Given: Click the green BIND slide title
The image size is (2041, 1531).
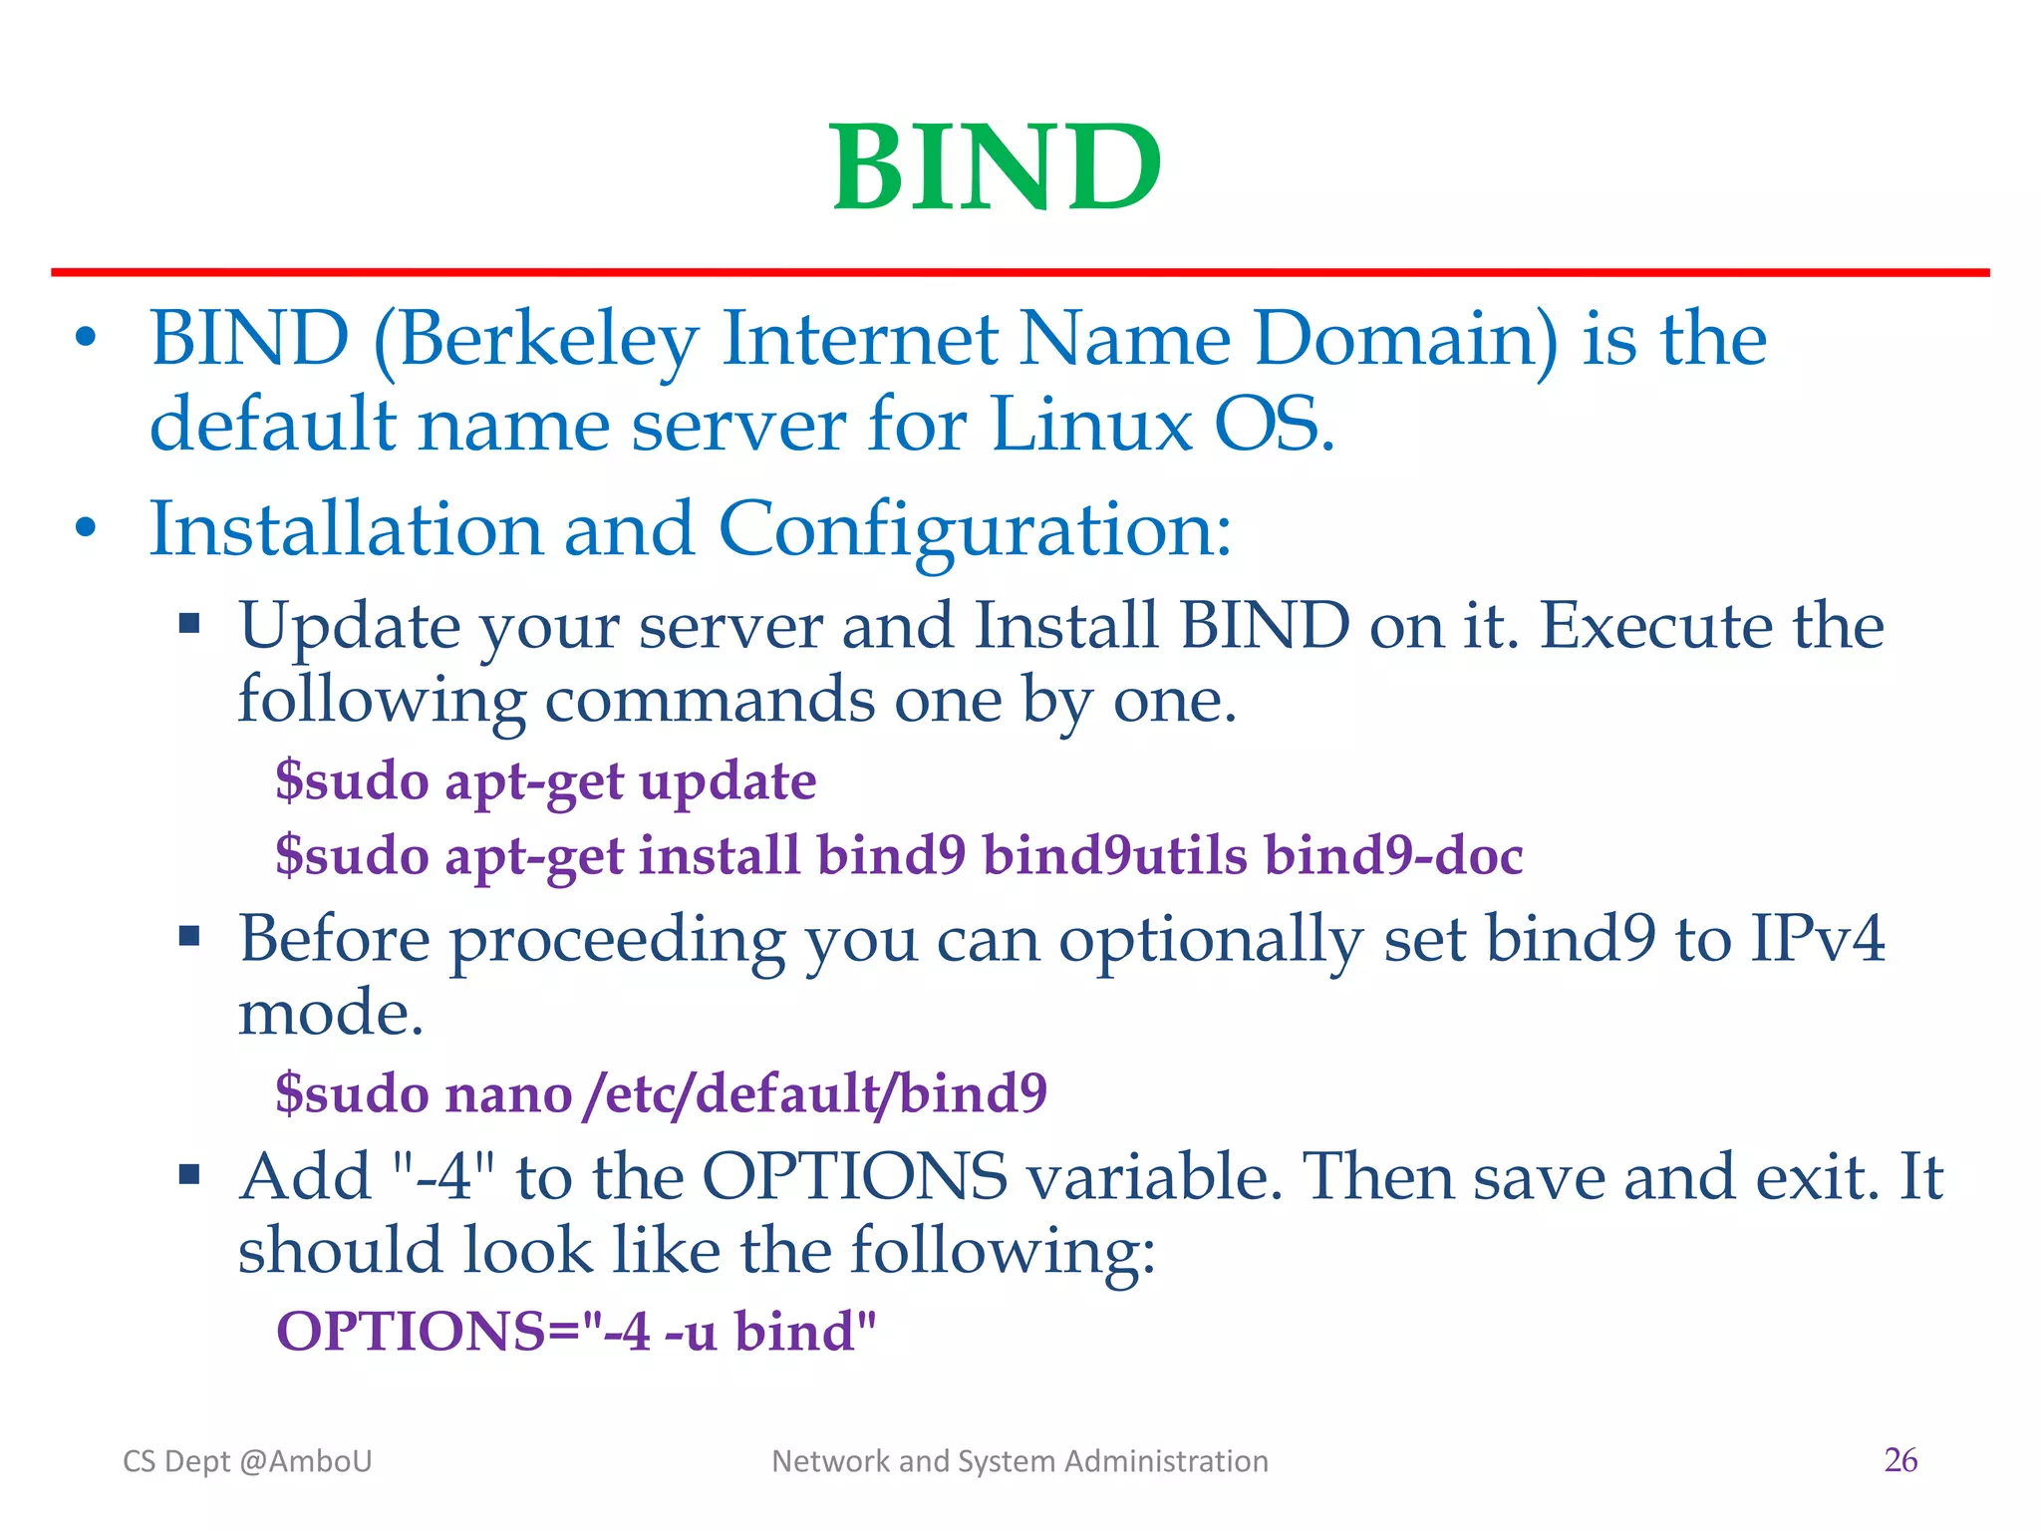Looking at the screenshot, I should click(997, 167).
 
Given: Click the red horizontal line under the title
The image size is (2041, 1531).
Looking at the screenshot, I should click(1020, 272).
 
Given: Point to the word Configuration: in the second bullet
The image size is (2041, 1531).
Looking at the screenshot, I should click(974, 529).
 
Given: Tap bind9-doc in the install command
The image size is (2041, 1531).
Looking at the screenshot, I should click(1393, 855).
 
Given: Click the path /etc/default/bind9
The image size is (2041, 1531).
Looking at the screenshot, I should click(815, 1093).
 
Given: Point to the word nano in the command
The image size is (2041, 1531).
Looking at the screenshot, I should click(508, 1094).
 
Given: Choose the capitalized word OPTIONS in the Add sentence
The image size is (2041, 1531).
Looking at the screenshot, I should click(855, 1177).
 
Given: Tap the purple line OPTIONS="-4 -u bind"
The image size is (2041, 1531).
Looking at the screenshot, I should click(576, 1331).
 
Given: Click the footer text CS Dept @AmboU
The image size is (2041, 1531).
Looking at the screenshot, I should click(247, 1461).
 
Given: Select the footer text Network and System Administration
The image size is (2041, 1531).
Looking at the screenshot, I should click(1020, 1461).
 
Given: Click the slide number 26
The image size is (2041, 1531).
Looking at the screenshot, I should click(1900, 1460).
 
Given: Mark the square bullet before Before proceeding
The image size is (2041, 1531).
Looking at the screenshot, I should click(189, 936).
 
